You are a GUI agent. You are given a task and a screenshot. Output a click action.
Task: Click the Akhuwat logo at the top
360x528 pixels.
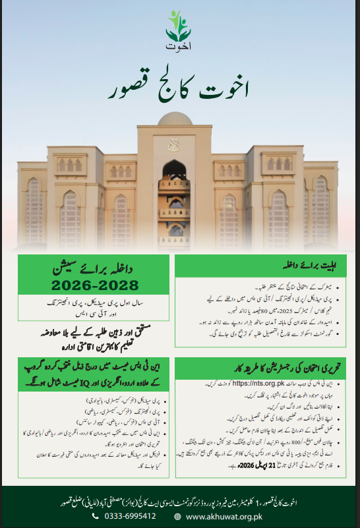click(x=179, y=34)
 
